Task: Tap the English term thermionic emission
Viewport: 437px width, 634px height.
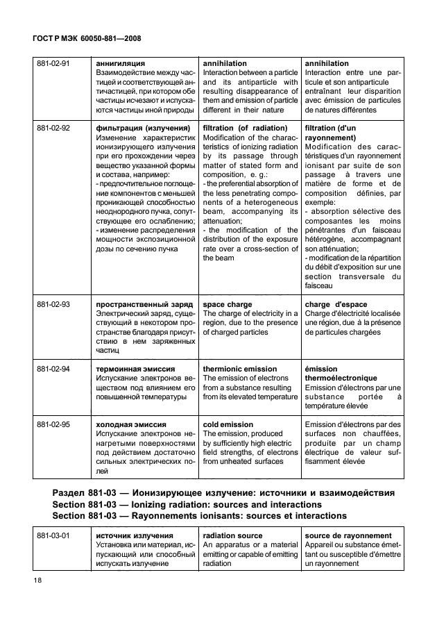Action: (x=239, y=369)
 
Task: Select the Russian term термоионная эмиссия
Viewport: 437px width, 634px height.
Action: (x=135, y=369)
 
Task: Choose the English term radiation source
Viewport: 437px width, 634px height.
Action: (x=232, y=535)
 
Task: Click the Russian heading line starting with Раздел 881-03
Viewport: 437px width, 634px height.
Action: (x=223, y=493)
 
